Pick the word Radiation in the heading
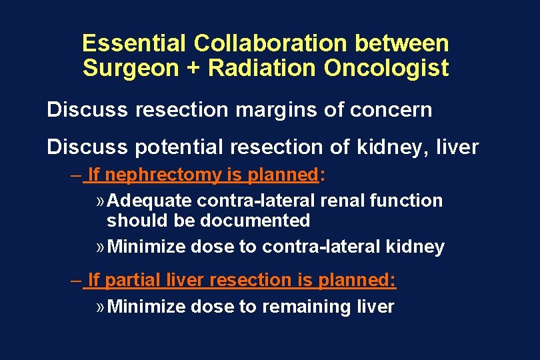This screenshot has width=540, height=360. (254, 69)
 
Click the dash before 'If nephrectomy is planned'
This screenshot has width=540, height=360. (76, 175)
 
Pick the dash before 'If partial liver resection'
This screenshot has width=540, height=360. (76, 281)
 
